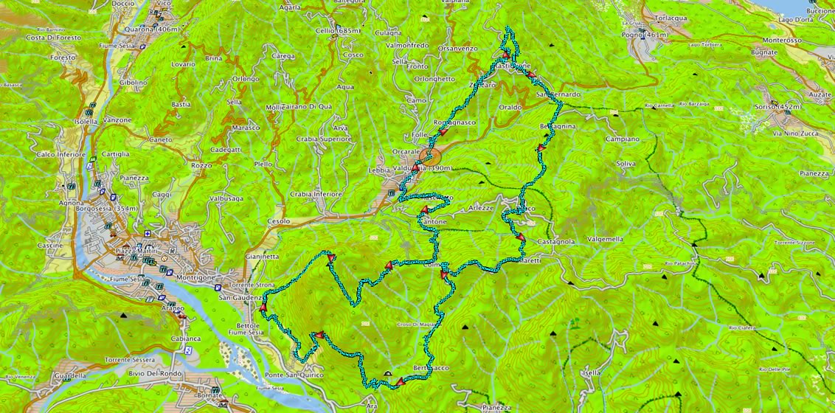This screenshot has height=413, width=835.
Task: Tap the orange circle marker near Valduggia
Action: click(434, 156)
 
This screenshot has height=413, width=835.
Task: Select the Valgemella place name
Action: click(604, 239)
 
